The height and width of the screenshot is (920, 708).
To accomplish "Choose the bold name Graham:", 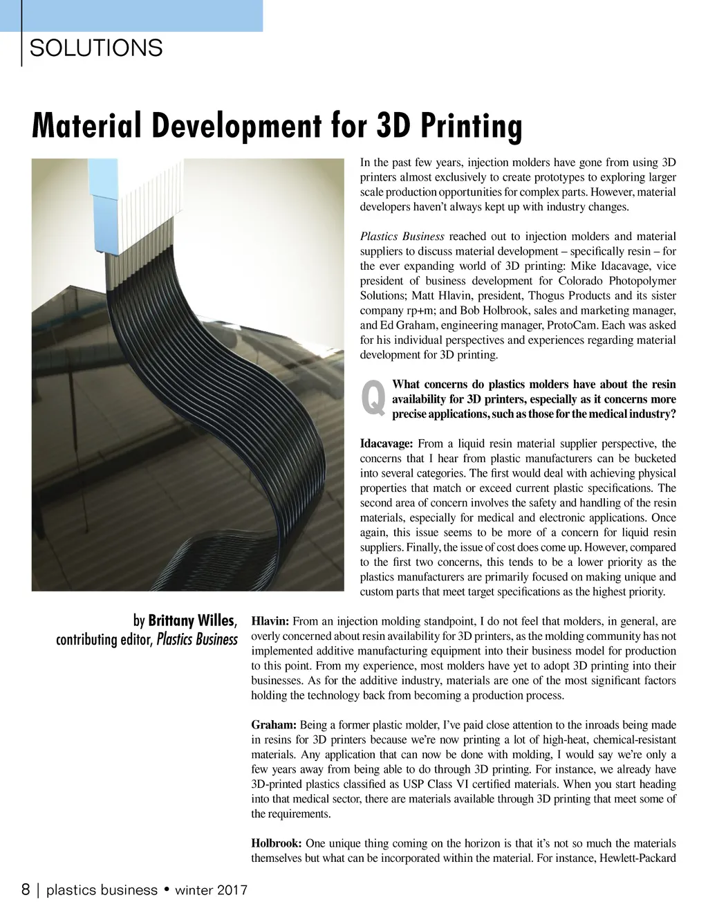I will (x=274, y=725).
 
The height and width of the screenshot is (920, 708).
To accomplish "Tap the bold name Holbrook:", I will (x=277, y=843).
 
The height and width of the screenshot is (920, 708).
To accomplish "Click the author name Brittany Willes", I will (x=193, y=619).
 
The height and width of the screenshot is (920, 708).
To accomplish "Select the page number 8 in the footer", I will (x=26, y=890).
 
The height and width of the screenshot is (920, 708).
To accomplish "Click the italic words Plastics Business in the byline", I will (x=197, y=639).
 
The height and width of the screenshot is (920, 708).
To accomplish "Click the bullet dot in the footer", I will (x=167, y=890).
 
